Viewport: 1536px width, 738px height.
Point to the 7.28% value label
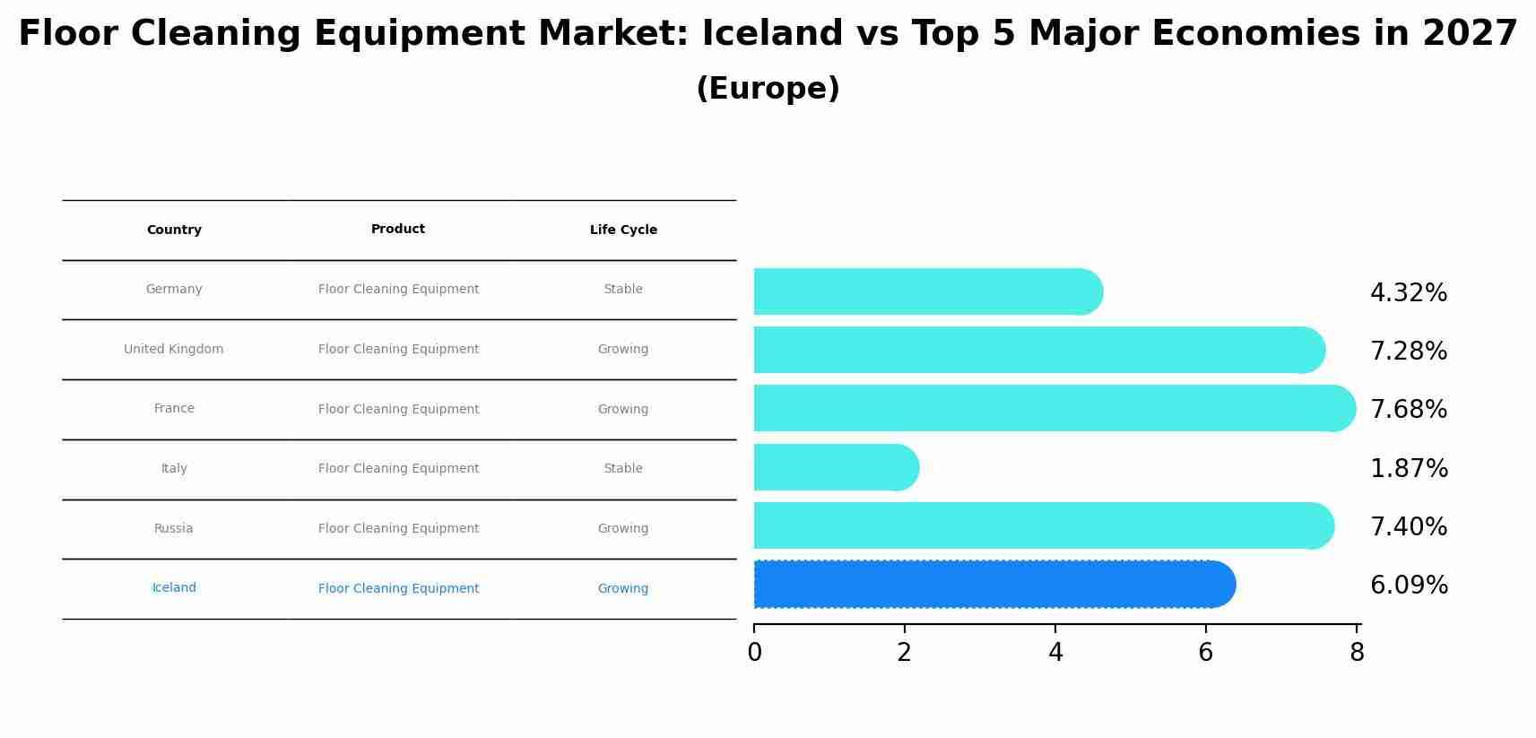tap(1408, 352)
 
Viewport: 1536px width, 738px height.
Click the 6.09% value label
tap(1408, 586)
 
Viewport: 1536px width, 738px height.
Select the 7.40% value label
tap(1408, 527)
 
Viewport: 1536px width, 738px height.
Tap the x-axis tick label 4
tap(1055, 653)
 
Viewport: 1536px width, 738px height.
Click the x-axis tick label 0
tap(754, 653)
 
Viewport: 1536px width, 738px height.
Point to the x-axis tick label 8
tap(1357, 653)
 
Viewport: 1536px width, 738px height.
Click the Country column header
tap(174, 230)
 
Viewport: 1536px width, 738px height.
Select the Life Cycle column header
tap(623, 230)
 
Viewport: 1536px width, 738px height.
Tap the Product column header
tap(398, 230)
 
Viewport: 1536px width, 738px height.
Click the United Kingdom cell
tap(174, 350)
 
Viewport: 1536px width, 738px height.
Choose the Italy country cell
tap(174, 469)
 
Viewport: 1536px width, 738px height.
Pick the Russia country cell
tap(174, 529)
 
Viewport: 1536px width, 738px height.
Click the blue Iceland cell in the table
tap(174, 588)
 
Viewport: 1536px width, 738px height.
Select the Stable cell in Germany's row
tap(623, 290)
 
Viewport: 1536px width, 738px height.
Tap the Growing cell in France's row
tap(623, 410)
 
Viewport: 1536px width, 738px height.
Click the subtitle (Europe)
tap(768, 89)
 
